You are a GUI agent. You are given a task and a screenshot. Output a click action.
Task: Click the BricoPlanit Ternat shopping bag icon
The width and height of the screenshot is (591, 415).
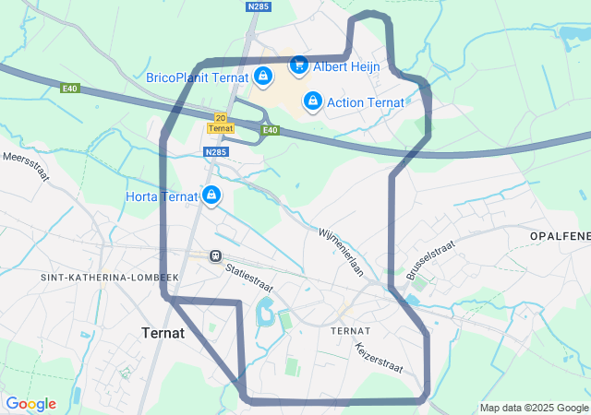point(263,77)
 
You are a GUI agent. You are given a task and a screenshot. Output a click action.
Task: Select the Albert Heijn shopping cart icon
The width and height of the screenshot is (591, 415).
point(298,65)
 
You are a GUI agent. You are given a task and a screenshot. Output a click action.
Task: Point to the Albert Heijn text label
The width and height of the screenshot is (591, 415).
point(344,66)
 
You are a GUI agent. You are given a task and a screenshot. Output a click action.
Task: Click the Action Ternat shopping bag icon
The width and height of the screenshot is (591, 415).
point(313,101)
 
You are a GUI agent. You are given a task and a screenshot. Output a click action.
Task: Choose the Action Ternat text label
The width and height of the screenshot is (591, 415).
point(366,101)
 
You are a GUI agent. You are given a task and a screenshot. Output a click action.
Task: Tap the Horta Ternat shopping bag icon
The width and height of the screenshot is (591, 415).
point(212,196)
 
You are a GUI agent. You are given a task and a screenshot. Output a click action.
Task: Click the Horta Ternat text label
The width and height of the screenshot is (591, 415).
point(162,196)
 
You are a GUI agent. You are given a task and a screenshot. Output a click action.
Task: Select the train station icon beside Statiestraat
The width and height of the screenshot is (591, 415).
point(214,255)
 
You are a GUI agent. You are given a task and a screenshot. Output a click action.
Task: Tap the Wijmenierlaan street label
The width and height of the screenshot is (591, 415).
point(343,252)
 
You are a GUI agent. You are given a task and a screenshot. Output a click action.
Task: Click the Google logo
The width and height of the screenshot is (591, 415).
point(30,404)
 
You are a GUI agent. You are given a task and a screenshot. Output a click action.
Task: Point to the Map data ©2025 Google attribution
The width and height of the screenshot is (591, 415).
point(534,408)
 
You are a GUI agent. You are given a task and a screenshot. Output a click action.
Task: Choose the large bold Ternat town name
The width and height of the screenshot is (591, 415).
point(163,334)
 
